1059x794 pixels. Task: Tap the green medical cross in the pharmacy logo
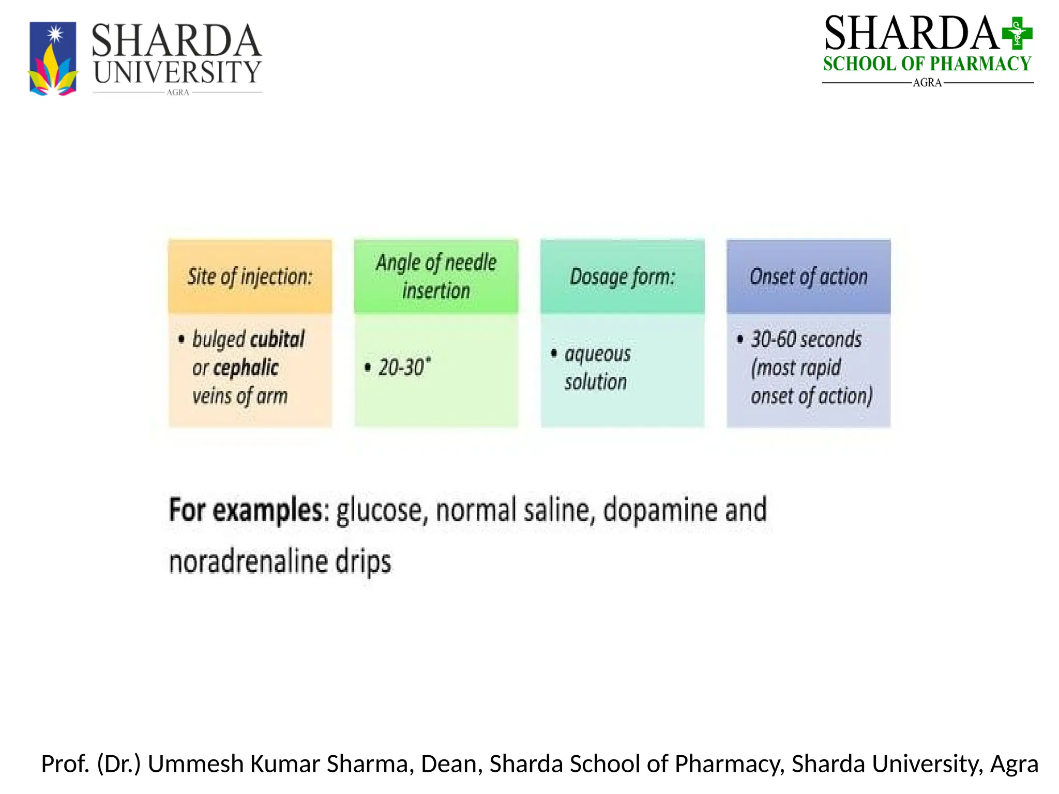click(1017, 33)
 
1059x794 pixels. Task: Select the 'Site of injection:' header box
click(250, 277)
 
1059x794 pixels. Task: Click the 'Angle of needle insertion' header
click(436, 277)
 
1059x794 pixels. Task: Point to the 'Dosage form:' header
click(622, 277)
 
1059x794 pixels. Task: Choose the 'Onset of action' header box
click(808, 277)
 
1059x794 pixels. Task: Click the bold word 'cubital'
click(278, 340)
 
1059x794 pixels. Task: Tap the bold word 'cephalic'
click(246, 368)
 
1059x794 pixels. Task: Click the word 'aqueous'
click(597, 354)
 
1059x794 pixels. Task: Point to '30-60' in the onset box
click(774, 340)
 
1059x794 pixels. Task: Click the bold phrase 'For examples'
click(246, 510)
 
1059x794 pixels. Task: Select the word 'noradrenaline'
click(248, 562)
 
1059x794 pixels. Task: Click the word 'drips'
click(363, 562)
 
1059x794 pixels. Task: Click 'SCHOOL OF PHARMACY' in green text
click(927, 64)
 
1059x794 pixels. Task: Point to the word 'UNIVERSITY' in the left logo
click(177, 72)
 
